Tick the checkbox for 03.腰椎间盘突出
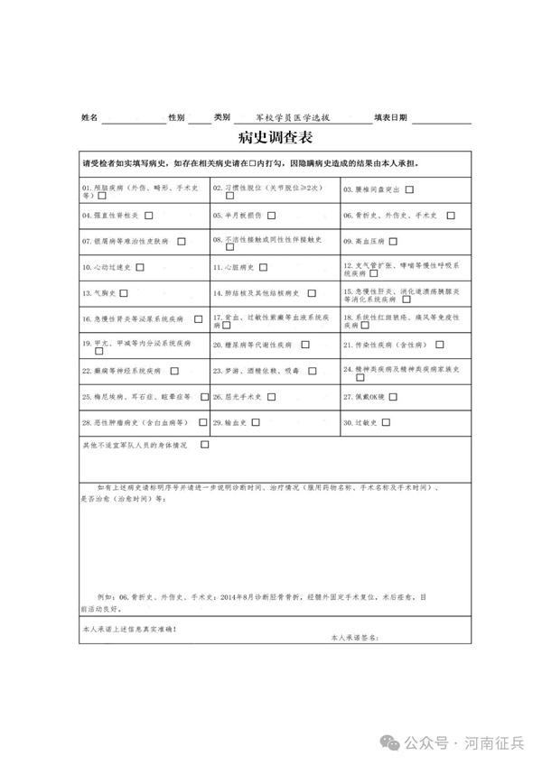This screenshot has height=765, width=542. pyautogui.click(x=409, y=189)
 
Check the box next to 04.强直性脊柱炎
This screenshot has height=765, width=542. pyautogui.click(x=148, y=216)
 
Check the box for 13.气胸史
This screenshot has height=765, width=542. pyautogui.click(x=123, y=293)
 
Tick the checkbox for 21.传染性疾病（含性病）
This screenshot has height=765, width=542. pyautogui.click(x=440, y=345)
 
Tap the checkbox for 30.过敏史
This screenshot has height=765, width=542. pyautogui.click(x=387, y=422)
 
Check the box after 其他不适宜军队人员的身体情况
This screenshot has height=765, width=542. pyautogui.click(x=204, y=445)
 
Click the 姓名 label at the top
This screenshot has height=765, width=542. pyautogui.click(x=89, y=118)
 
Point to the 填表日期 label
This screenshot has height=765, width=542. pyautogui.click(x=391, y=118)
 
